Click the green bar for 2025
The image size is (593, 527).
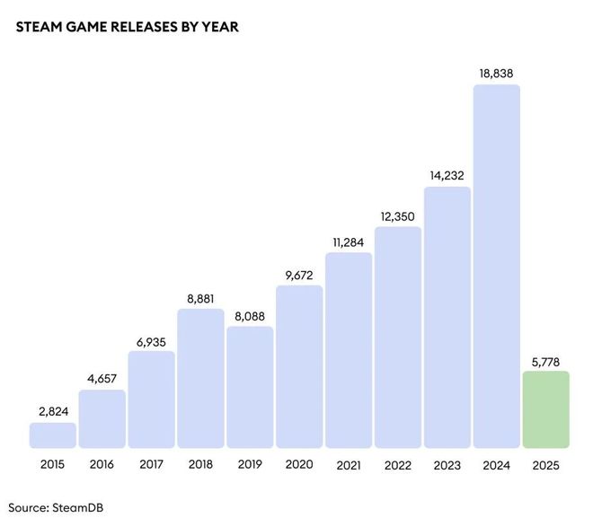click(x=545, y=409)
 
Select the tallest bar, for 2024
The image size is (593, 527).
click(x=496, y=267)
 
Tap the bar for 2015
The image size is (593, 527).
click(x=53, y=435)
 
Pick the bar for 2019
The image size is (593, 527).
click(x=250, y=387)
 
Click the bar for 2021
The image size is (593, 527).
click(x=349, y=350)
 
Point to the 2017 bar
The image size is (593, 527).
click(x=151, y=400)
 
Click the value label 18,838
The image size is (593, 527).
click(x=496, y=72)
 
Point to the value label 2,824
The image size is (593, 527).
click(x=53, y=410)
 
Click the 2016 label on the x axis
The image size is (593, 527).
click(x=102, y=465)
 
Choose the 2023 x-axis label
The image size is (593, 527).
click(x=447, y=465)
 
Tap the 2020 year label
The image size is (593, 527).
click(x=299, y=465)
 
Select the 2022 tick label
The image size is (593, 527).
click(x=397, y=465)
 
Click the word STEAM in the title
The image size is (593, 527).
click(x=39, y=27)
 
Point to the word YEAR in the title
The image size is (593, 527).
click(x=219, y=27)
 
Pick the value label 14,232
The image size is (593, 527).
click(x=447, y=174)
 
